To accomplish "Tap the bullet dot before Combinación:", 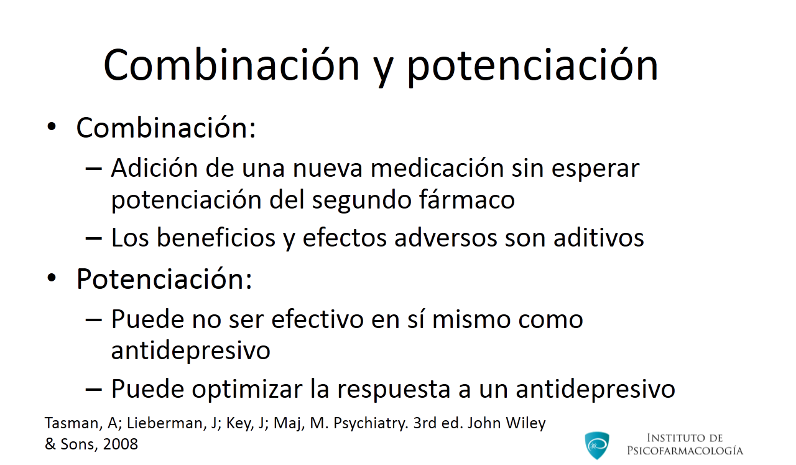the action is [x=52, y=126].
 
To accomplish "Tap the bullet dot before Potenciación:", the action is [x=52, y=278].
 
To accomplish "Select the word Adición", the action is [x=154, y=167].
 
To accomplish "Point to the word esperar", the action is [x=595, y=171].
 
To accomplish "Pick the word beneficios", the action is [x=216, y=237].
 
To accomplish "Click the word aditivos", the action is [x=599, y=237].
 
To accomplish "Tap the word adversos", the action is [x=446, y=237].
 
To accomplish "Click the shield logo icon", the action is [x=597, y=445].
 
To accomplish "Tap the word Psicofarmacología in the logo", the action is [x=685, y=451].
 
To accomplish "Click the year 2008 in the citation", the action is [x=120, y=444].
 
